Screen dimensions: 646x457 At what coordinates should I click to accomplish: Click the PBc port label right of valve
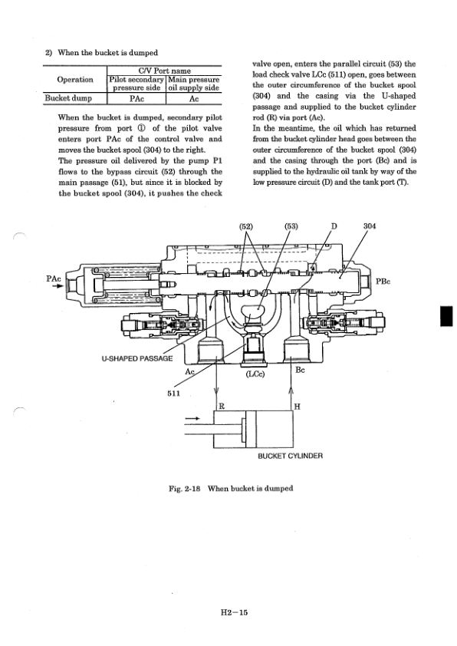[383, 282]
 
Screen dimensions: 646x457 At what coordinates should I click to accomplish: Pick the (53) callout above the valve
[292, 226]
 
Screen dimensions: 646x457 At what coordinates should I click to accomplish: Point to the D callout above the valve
[334, 226]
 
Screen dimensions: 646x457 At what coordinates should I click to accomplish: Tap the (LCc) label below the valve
[255, 376]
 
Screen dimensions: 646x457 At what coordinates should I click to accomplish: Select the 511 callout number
[175, 393]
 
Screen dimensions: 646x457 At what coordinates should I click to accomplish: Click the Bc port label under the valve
[301, 369]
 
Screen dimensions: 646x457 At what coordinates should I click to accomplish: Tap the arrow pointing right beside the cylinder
[192, 418]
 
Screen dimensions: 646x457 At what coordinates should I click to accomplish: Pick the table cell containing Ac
[194, 98]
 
